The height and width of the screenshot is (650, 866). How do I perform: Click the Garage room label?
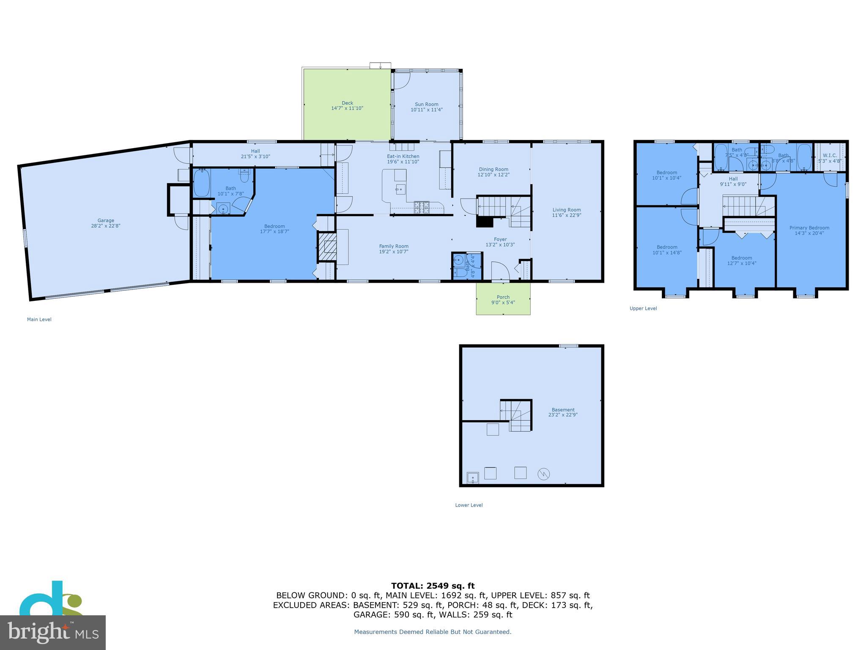106,220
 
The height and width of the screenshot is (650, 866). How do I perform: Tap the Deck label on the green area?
347,103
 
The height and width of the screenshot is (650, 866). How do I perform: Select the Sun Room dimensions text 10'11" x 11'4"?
426,110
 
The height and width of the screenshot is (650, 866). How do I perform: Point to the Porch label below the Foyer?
503,297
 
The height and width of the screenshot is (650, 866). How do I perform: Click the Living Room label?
566,210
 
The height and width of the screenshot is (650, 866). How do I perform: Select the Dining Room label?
493,169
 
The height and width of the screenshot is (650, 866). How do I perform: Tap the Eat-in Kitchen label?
403,156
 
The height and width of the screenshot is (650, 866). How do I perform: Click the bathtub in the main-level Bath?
202,183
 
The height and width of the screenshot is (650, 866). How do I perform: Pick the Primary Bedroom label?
809,228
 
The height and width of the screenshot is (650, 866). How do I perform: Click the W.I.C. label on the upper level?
830,155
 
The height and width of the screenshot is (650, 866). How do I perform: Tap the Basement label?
563,410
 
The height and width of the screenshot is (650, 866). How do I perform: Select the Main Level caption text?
39,319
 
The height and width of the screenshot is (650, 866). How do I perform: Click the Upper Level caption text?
643,308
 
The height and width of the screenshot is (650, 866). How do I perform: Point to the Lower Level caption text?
469,505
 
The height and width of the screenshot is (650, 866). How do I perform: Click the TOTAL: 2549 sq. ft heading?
433,586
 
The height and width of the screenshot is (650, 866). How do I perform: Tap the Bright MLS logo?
52,632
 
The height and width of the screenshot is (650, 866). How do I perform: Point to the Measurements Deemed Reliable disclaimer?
433,632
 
